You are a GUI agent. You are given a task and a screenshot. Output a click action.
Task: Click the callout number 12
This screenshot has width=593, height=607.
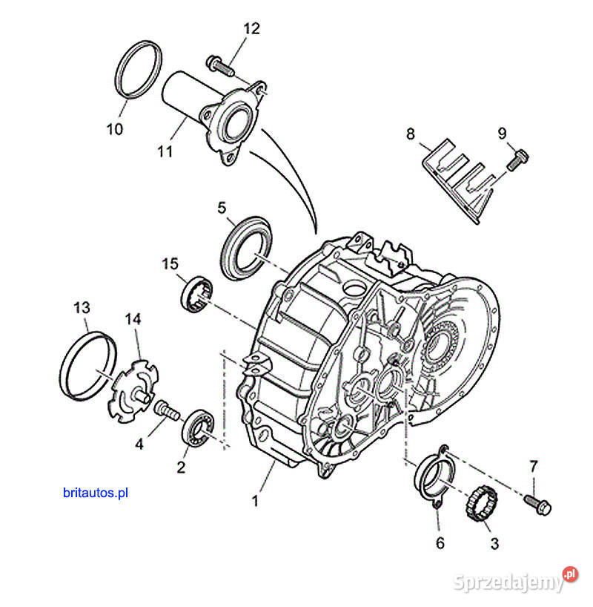252,29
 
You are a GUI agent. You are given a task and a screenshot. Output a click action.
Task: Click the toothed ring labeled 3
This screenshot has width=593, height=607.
478,505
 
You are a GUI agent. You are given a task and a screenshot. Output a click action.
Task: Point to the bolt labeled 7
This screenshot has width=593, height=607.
534,504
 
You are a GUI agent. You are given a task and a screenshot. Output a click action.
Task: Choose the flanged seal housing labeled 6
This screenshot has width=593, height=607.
435,478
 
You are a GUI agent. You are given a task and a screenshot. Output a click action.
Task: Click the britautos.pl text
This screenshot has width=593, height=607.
96,491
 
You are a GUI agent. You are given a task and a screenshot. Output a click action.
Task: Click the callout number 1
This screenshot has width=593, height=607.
256,501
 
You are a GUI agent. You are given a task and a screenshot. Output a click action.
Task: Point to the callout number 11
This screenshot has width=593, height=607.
165,152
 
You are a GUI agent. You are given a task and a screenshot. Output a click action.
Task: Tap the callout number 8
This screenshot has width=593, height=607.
411,134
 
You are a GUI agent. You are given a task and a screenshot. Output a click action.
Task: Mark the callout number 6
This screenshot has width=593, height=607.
440,542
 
